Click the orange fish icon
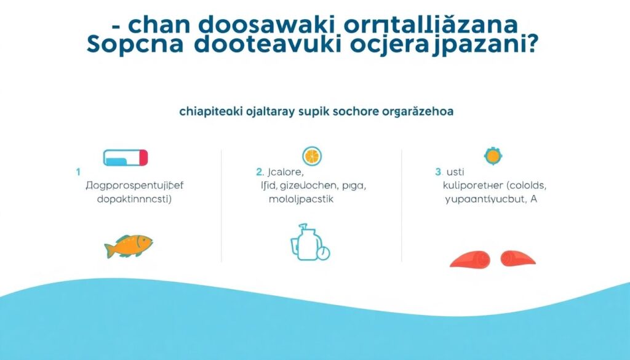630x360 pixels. pyautogui.click(x=129, y=246)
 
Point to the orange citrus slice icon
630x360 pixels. pyautogui.click(x=313, y=156)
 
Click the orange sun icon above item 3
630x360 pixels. pyautogui.click(x=493, y=156)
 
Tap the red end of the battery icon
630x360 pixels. pyautogui.click(x=144, y=158)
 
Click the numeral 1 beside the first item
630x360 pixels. pyautogui.click(x=78, y=172)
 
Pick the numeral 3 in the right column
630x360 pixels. pyautogui.click(x=438, y=172)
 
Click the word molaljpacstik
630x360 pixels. pyautogui.click(x=301, y=199)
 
